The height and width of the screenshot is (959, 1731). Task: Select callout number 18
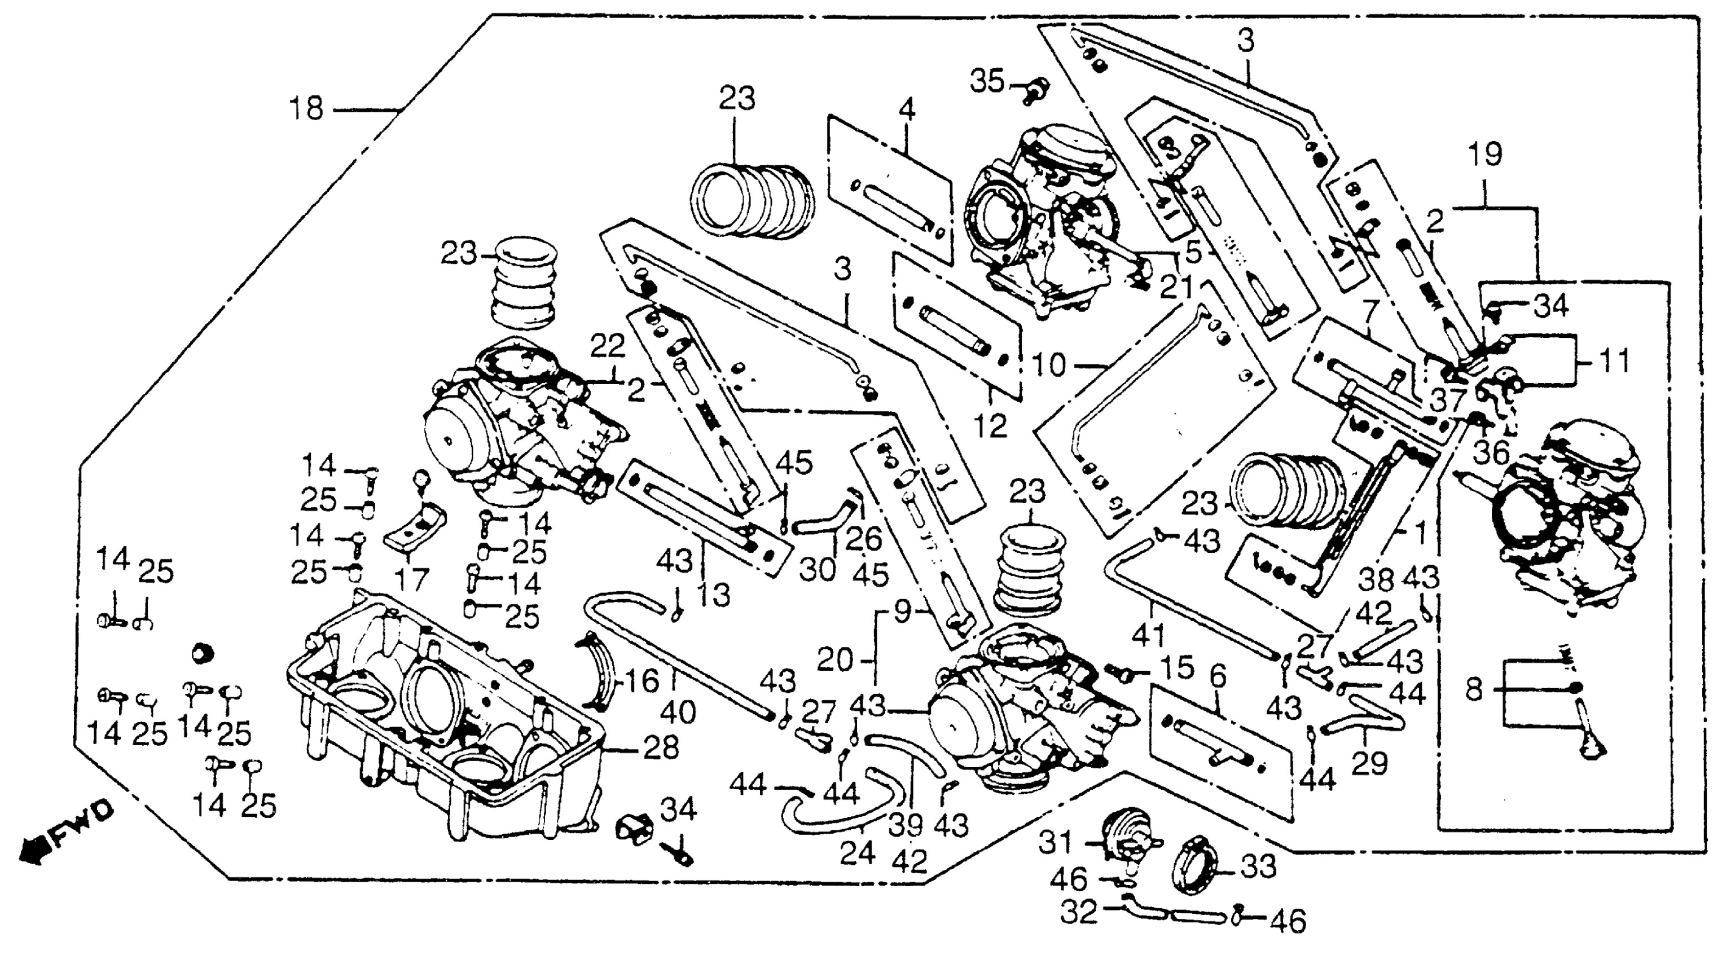pyautogui.click(x=306, y=109)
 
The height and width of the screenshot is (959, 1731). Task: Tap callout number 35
pyautogui.click(x=986, y=82)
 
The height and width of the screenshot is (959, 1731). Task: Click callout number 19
pyautogui.click(x=1485, y=156)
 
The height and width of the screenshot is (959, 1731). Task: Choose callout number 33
pyautogui.click(x=1259, y=867)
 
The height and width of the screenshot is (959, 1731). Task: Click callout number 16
pyautogui.click(x=643, y=681)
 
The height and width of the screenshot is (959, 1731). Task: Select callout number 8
pyautogui.click(x=1474, y=689)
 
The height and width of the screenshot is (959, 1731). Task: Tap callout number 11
pyautogui.click(x=1613, y=362)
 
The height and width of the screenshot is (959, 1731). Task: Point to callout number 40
pyautogui.click(x=678, y=712)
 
